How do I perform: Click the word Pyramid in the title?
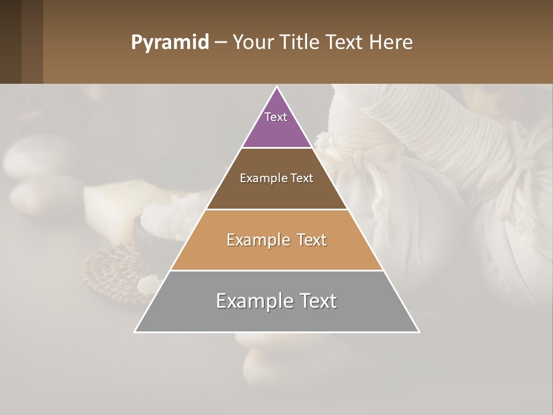(x=169, y=43)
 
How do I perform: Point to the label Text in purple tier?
(x=276, y=117)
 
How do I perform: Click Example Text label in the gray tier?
(x=276, y=301)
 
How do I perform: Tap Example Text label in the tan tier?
(x=276, y=240)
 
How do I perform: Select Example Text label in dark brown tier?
(x=276, y=178)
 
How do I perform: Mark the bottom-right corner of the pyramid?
(x=418, y=331)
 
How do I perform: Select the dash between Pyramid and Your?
(x=221, y=43)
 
